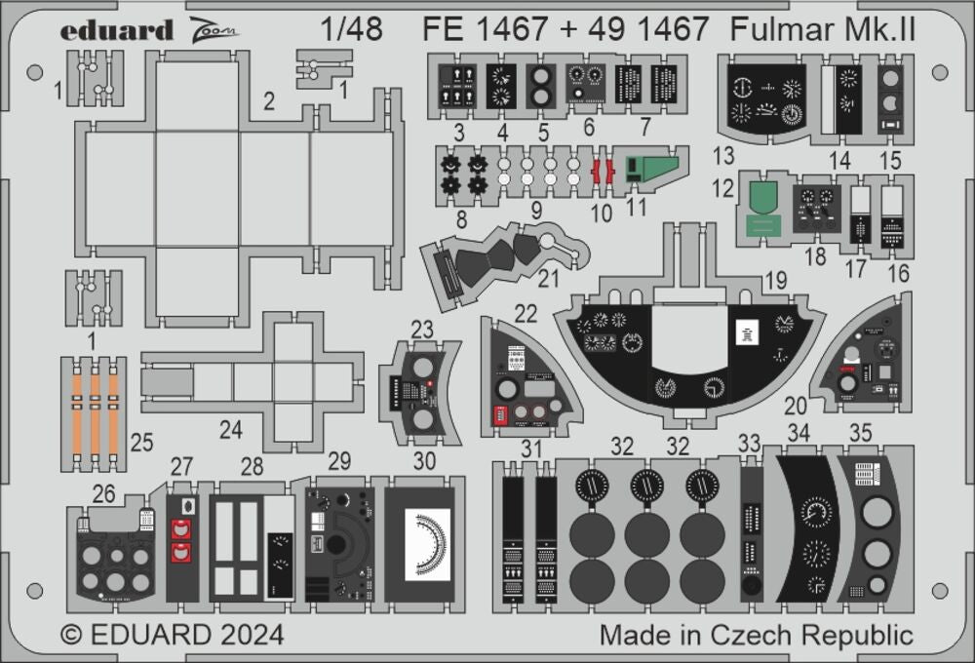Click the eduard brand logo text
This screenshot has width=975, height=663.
116,30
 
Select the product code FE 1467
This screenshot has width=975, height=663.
486,29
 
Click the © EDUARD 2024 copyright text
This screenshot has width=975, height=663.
173,635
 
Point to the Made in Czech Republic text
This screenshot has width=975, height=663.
756,636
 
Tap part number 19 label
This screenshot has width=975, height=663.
776,281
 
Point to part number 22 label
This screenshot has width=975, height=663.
526,312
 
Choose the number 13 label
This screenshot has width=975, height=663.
722,156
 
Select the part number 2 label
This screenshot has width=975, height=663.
268,99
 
